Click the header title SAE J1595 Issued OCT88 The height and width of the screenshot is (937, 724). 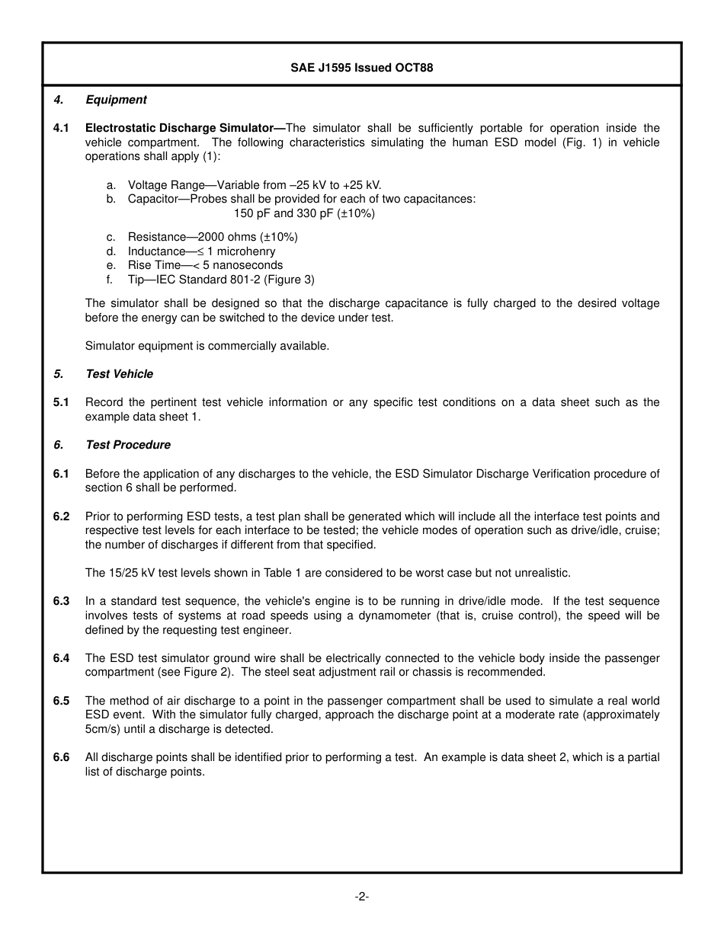(x=361, y=68)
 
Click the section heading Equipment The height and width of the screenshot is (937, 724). (x=116, y=100)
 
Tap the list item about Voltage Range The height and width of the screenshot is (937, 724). (x=254, y=185)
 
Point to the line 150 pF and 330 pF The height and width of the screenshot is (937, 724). (x=304, y=213)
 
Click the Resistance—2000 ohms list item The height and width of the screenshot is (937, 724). (x=212, y=237)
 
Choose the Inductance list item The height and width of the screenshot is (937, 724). (x=201, y=251)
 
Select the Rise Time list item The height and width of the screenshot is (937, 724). (x=205, y=265)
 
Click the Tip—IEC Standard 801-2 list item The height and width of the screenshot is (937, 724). (x=220, y=280)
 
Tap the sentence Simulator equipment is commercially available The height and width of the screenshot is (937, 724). (x=207, y=346)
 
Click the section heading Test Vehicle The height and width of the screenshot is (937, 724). (x=119, y=374)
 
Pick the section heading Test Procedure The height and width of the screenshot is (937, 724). (x=128, y=445)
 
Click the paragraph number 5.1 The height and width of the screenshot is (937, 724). (x=61, y=402)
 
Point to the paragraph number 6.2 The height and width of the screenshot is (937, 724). (x=61, y=516)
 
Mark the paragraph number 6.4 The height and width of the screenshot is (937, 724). (x=61, y=658)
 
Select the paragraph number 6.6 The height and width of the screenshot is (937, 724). (x=61, y=757)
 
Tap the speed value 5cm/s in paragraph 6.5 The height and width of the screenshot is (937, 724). (x=103, y=729)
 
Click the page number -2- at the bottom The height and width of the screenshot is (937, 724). (x=361, y=897)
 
